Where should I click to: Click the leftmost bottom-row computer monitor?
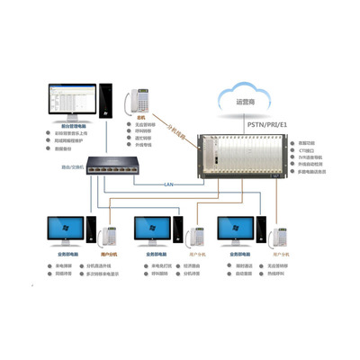[x=64, y=231]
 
